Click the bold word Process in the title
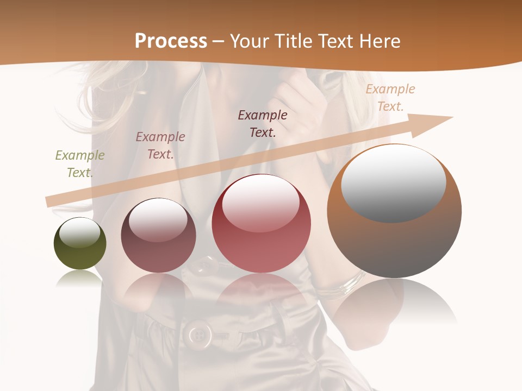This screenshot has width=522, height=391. [x=171, y=41]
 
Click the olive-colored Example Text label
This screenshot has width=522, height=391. [x=80, y=164]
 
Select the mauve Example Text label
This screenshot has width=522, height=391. [x=160, y=146]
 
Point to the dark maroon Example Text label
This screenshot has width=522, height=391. [x=263, y=123]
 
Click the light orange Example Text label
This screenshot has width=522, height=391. [x=390, y=98]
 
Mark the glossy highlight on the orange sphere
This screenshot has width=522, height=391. [x=393, y=184]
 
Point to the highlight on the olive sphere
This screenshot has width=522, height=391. [x=80, y=232]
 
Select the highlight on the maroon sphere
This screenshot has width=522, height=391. [x=158, y=220]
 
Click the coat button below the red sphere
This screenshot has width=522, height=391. [x=199, y=334]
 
